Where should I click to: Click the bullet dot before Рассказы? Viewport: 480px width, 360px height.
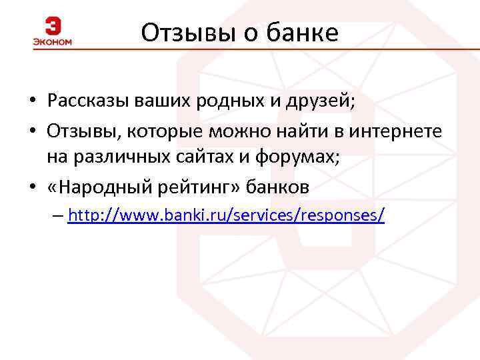pyautogui.click(x=32, y=102)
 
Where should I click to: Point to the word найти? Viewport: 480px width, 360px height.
pyautogui.click(x=291, y=131)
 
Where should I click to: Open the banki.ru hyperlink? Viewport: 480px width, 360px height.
pyautogui.click(x=226, y=215)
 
